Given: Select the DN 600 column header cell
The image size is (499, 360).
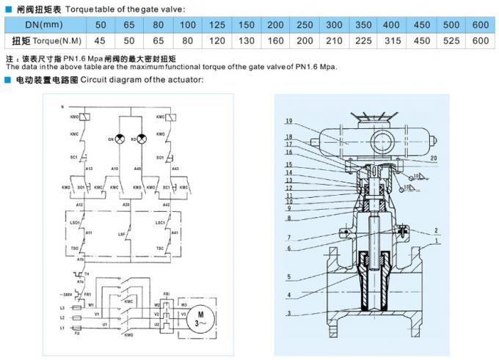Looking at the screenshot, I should [x=479, y=25].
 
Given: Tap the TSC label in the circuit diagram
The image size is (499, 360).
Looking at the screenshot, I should [x=160, y=249].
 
